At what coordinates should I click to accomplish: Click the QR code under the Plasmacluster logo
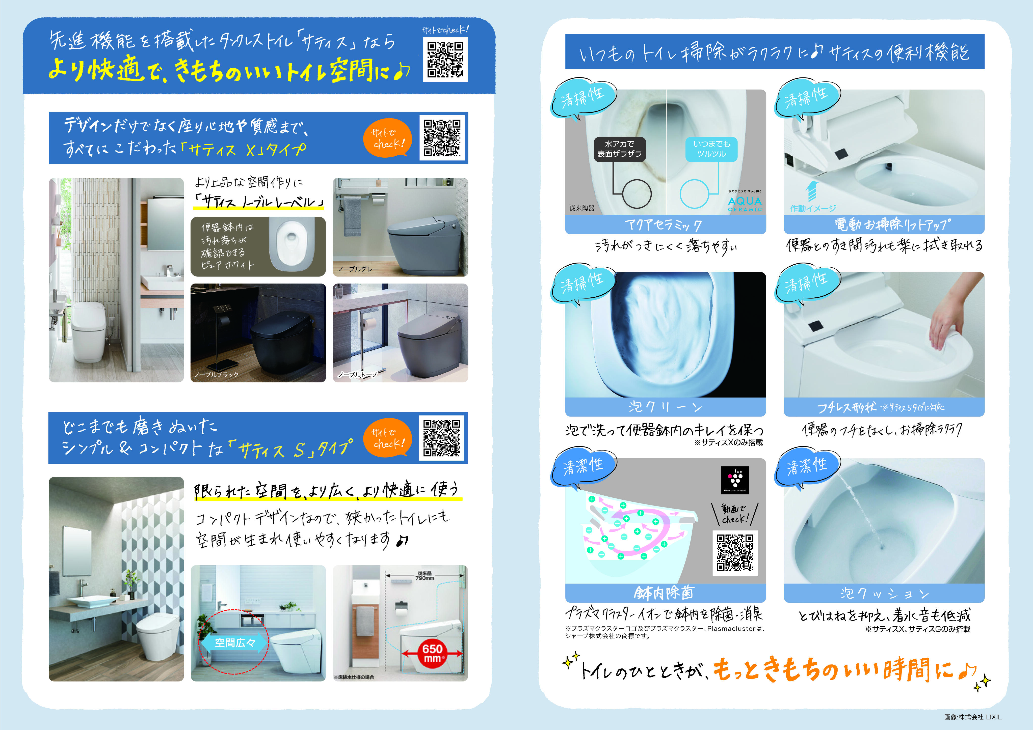[x=735, y=552]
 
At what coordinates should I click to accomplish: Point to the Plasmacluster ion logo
[x=735, y=480]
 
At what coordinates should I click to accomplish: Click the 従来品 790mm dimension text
[x=424, y=575]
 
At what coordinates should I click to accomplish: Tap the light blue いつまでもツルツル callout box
[x=711, y=149]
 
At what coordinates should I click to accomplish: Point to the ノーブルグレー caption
[x=358, y=269]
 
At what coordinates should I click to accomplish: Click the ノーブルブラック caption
[x=216, y=375]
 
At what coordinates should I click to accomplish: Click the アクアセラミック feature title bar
[x=665, y=224]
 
